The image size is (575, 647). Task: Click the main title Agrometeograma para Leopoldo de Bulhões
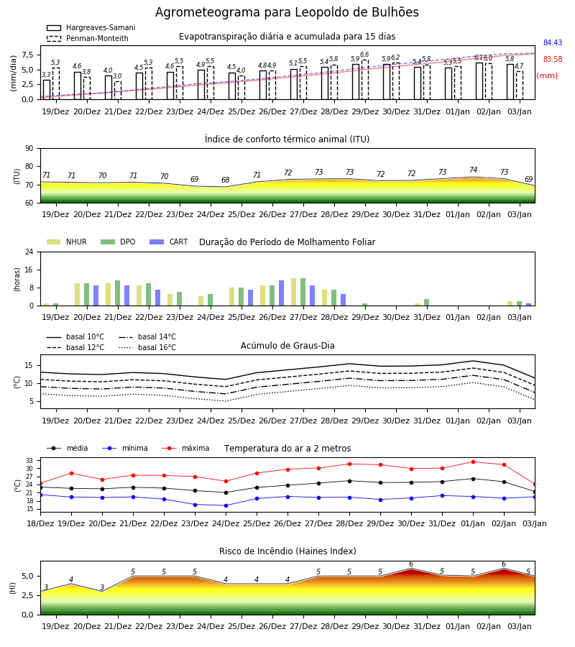[287, 12]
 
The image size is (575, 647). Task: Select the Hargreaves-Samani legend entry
[91, 27]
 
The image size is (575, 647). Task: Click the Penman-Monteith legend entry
[88, 38]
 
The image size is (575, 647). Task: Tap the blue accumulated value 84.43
[553, 42]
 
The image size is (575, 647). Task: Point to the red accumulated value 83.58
[553, 59]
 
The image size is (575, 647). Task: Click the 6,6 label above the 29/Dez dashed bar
[364, 55]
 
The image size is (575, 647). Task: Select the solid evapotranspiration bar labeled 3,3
[47, 90]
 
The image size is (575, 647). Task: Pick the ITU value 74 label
[473, 170]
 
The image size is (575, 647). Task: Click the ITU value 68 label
[225, 180]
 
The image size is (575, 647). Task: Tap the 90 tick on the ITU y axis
[29, 149]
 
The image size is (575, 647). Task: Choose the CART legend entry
[169, 242]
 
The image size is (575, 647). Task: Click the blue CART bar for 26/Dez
[281, 293]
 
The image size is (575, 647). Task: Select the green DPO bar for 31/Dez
[426, 303]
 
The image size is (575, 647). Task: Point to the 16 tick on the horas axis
[29, 270]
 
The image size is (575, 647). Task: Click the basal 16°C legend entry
[147, 347]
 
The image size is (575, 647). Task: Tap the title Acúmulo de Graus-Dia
[287, 346]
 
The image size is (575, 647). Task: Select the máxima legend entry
[185, 448]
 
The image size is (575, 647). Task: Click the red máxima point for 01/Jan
[473, 462]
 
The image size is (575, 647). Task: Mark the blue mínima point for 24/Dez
[226, 505]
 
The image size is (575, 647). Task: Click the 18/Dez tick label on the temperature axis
[40, 523]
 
